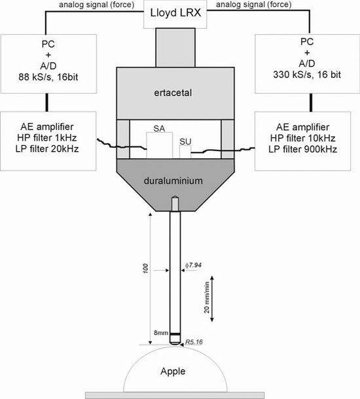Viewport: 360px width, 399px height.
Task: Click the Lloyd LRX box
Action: pos(175,14)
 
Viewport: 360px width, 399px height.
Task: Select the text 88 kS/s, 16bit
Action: pos(48,77)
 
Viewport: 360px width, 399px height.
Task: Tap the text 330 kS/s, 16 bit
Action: pos(307,75)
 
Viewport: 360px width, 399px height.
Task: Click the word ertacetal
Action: pos(173,93)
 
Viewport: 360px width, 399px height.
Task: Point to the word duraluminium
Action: pos(173,181)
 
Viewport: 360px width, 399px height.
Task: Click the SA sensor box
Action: pos(159,145)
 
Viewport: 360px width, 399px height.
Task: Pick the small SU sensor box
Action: pos(185,152)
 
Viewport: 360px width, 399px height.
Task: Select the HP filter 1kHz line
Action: pos(47,137)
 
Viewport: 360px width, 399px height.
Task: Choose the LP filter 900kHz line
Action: pos(302,149)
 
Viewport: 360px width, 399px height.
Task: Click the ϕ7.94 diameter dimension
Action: pos(193,265)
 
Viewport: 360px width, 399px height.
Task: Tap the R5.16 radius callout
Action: pos(194,341)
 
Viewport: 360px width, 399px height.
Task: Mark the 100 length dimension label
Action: pos(145,268)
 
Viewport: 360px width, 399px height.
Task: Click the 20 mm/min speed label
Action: pos(207,297)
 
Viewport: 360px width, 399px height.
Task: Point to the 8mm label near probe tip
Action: pos(161,332)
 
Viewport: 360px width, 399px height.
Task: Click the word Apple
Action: pos(173,372)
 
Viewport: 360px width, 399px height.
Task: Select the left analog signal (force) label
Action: pos(96,5)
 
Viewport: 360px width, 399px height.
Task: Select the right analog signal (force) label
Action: pos(254,5)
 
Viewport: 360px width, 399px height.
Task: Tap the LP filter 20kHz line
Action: pos(47,149)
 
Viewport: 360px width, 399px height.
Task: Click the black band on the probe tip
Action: pos(175,334)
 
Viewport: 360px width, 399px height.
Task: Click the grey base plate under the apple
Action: pos(175,396)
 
